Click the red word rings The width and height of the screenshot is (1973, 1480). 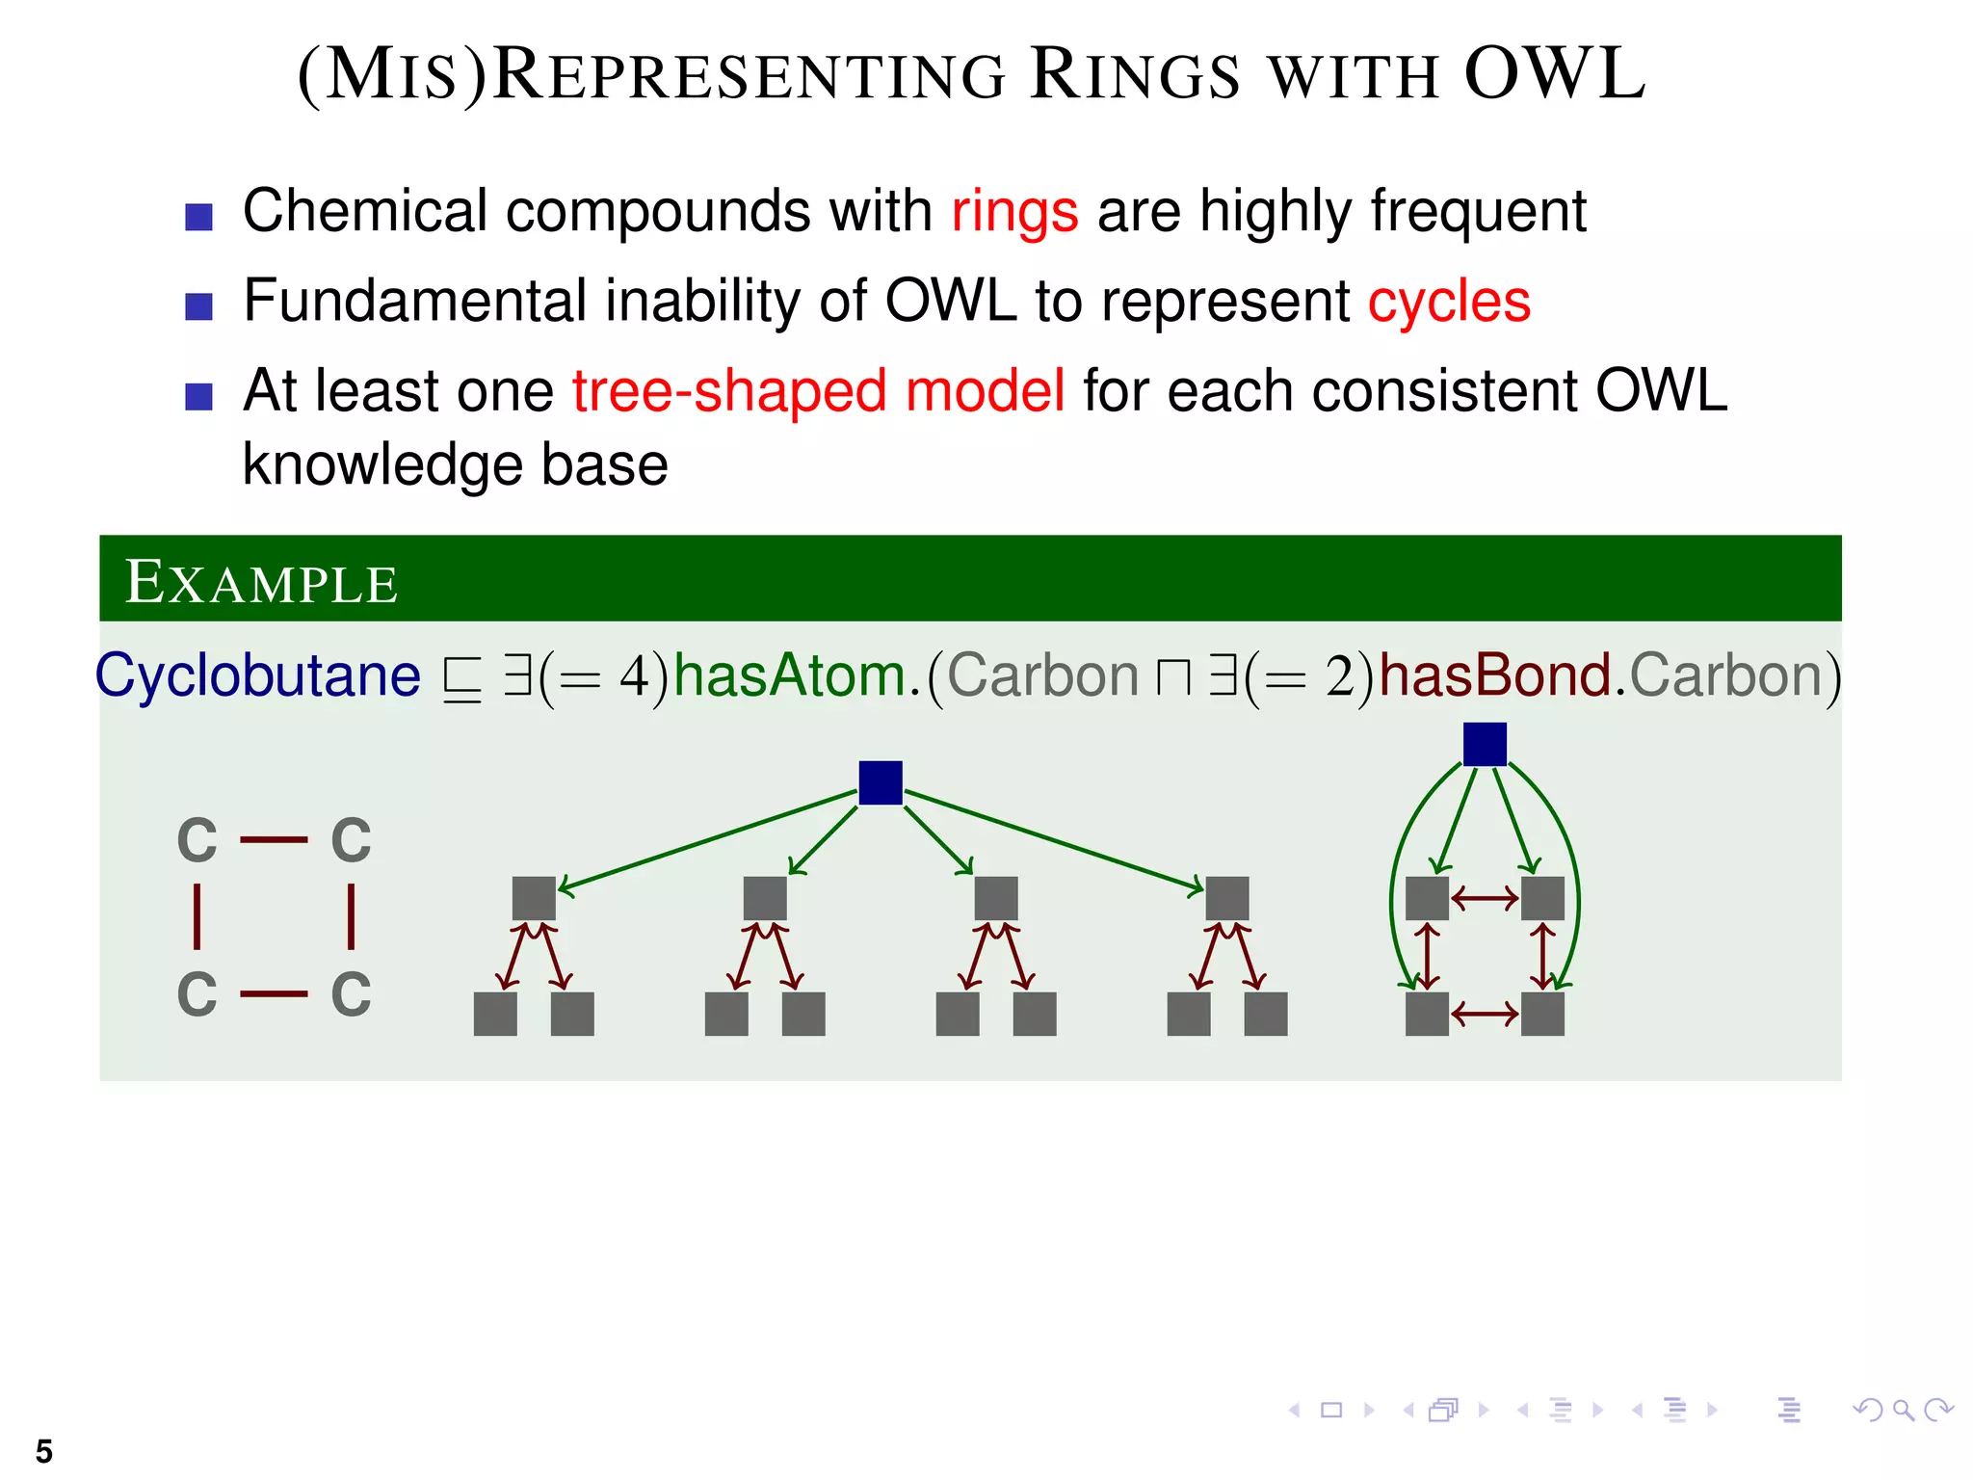click(x=1014, y=211)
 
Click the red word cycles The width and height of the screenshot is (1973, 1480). click(x=1449, y=302)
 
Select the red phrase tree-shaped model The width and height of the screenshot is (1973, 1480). click(x=818, y=391)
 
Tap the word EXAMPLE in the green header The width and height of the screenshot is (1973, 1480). click(x=261, y=582)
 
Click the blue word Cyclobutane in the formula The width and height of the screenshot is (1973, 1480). click(x=258, y=674)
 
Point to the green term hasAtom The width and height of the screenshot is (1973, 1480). click(x=789, y=674)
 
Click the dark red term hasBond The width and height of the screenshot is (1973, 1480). click(x=1495, y=674)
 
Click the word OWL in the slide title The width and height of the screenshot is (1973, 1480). click(x=1554, y=74)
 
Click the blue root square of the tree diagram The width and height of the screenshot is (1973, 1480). click(x=880, y=782)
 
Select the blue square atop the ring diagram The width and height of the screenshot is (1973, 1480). click(x=1485, y=744)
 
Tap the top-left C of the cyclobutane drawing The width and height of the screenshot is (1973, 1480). click(x=197, y=840)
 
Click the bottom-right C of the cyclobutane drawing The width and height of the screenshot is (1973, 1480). click(x=351, y=994)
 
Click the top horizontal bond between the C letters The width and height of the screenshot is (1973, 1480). click(x=274, y=840)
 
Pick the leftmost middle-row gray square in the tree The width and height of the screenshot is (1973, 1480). click(x=534, y=898)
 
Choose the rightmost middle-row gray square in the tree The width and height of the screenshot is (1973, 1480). click(x=1226, y=898)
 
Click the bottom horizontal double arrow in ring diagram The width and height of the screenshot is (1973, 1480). click(x=1485, y=1014)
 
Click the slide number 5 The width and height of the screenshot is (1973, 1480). click(x=43, y=1451)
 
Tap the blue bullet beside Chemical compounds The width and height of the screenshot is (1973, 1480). click(x=198, y=217)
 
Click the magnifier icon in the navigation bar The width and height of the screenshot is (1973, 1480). click(x=1902, y=1411)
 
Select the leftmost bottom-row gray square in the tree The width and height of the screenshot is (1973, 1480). click(x=495, y=1014)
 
